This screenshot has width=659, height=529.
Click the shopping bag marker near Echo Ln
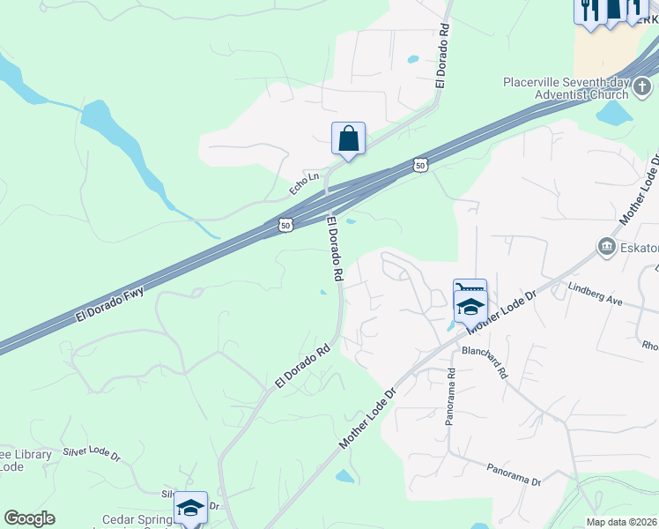(x=349, y=139)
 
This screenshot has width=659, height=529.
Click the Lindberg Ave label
(x=596, y=294)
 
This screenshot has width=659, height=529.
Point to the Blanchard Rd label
(x=485, y=361)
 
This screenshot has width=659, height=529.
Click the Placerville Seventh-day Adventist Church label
(x=564, y=88)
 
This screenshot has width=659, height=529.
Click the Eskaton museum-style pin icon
(x=607, y=247)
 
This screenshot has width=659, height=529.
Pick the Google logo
(x=29, y=518)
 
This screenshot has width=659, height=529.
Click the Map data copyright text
(x=622, y=522)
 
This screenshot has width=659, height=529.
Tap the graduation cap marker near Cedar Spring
(x=190, y=508)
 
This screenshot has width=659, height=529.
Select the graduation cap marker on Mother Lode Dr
(x=470, y=307)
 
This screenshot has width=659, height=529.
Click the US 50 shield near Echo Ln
(x=285, y=226)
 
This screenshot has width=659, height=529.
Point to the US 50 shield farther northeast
(x=420, y=165)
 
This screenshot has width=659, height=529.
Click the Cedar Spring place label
(x=137, y=519)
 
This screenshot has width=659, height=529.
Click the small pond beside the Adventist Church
(x=614, y=113)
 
